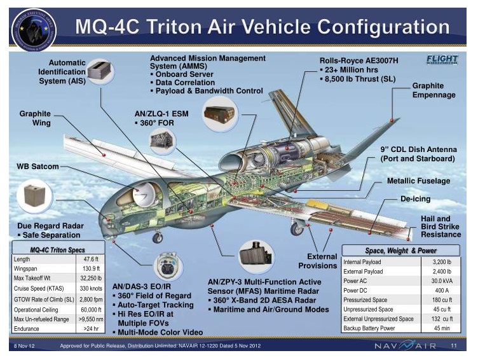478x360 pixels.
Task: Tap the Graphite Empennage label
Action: coord(434,90)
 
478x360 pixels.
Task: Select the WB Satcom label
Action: coord(38,167)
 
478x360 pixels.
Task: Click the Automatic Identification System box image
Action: coord(101,71)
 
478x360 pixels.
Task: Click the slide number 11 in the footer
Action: coord(454,346)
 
